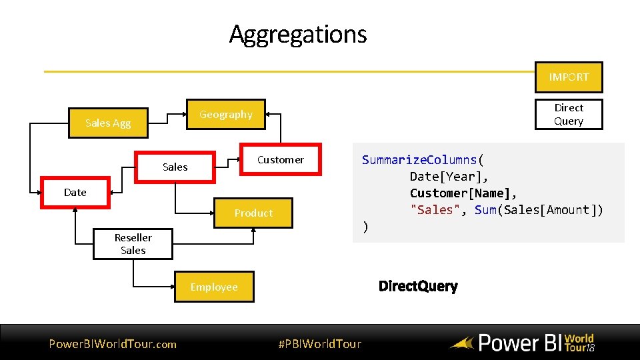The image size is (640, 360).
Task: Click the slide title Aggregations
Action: tap(298, 34)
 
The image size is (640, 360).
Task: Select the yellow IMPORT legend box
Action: tap(569, 77)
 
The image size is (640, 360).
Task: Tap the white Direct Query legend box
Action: tap(569, 114)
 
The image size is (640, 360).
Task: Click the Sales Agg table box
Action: tap(108, 123)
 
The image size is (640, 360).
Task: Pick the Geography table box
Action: tap(225, 115)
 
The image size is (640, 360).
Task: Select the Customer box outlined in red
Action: tap(280, 160)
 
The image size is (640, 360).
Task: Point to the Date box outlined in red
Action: tap(75, 193)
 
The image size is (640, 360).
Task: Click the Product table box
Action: tap(253, 213)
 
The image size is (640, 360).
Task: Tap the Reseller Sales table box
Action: tap(133, 244)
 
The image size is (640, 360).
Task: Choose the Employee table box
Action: tap(214, 287)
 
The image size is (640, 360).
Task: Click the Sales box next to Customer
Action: tap(175, 167)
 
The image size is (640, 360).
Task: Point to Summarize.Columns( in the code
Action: tap(423, 160)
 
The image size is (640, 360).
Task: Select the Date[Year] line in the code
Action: tap(449, 177)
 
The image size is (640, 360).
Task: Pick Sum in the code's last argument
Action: tap(486, 210)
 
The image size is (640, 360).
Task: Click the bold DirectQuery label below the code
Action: tap(418, 287)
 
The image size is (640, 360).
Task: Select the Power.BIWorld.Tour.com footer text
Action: tap(113, 344)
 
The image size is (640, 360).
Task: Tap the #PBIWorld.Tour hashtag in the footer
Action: tap(319, 344)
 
